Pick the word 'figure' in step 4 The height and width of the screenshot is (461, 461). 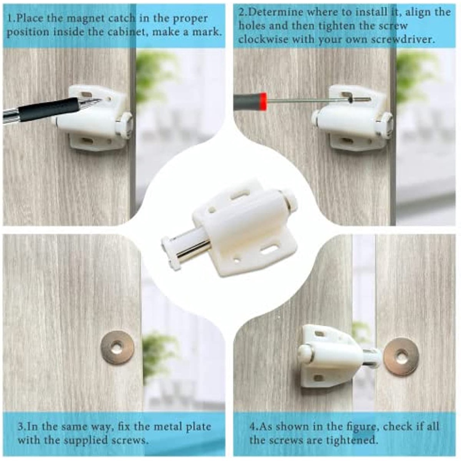(360, 427)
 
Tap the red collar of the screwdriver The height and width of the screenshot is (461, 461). (263, 101)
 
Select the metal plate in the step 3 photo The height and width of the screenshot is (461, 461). (118, 348)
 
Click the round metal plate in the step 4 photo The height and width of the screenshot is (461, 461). (402, 357)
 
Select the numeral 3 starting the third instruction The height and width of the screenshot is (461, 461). (20, 427)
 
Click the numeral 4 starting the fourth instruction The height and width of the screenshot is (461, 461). (253, 427)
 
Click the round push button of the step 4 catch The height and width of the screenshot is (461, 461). (305, 353)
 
